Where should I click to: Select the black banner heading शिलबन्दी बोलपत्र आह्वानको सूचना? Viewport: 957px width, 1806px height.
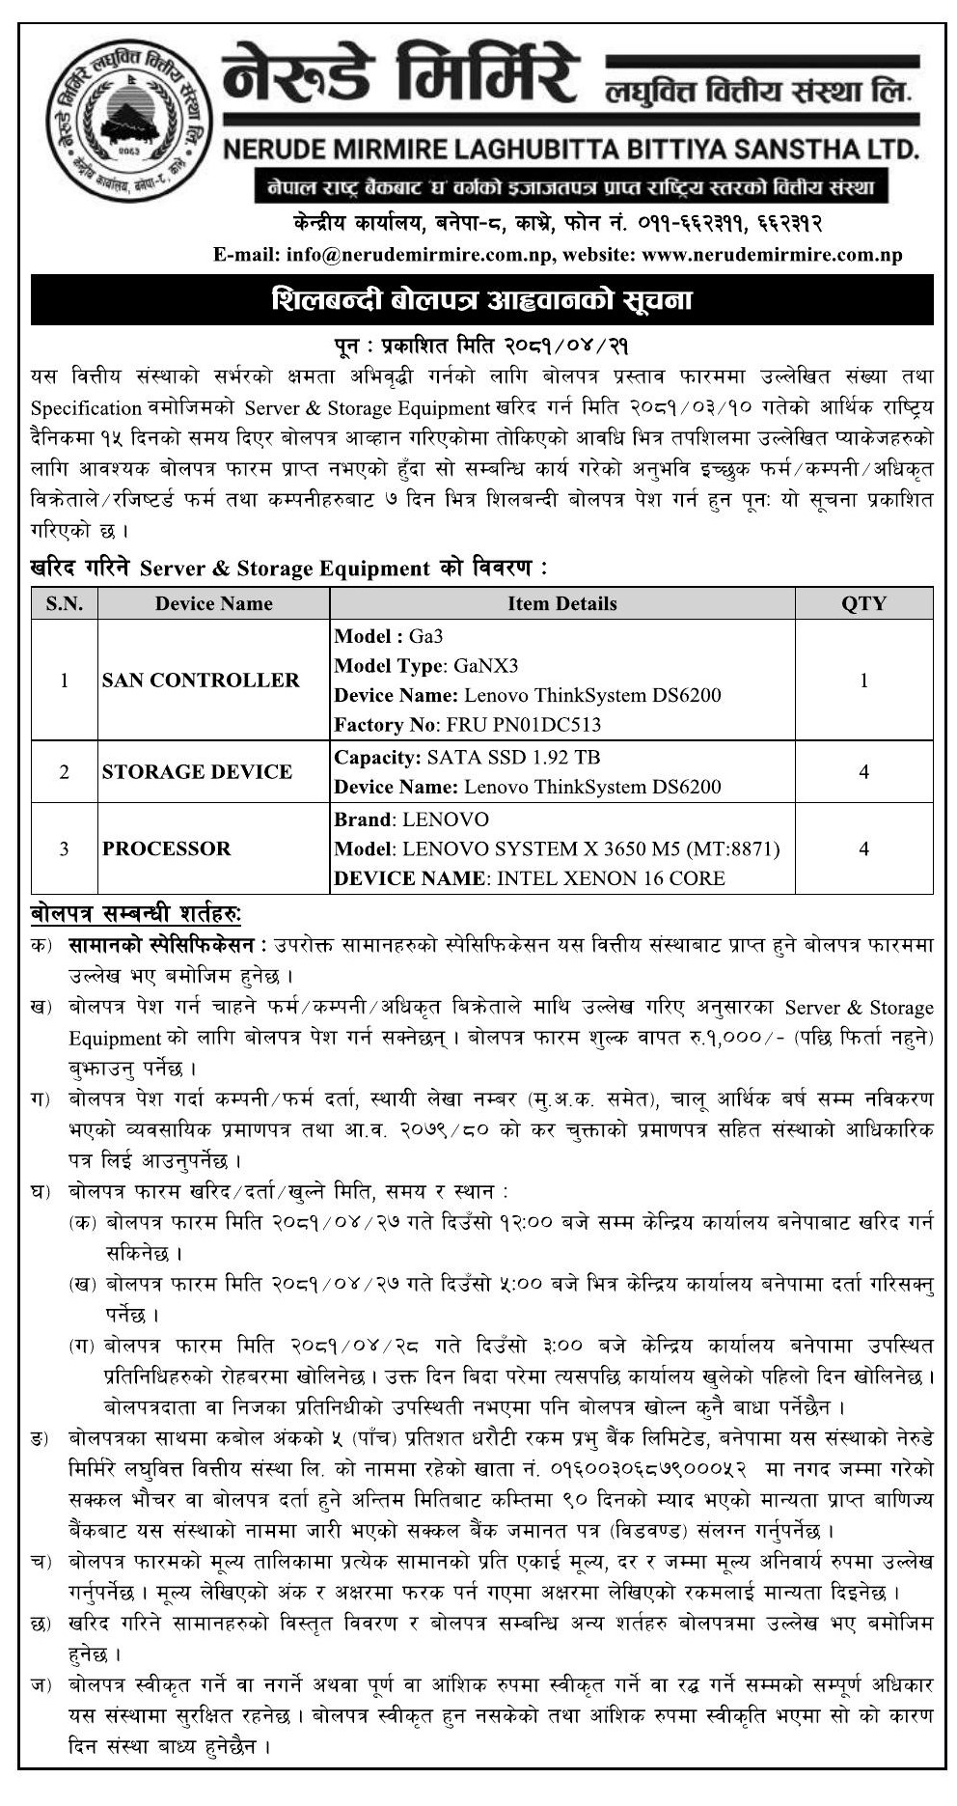481,300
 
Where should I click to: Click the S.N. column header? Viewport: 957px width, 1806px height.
65,603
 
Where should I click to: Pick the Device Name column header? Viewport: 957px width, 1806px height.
213,603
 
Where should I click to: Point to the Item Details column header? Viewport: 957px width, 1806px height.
561,603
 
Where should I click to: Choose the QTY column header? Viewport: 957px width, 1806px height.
863,603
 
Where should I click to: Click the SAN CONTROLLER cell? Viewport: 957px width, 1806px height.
201,680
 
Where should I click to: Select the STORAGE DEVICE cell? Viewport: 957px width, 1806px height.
197,771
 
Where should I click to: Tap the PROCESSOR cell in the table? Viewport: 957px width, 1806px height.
167,848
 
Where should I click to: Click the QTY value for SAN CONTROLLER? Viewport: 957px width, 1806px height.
863,680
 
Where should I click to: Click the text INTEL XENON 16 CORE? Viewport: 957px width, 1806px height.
607,878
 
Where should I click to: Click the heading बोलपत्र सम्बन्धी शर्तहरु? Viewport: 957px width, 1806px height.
136,912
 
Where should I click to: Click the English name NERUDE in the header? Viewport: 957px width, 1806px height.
283,151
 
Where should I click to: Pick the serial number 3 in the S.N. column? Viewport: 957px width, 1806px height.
65,848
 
